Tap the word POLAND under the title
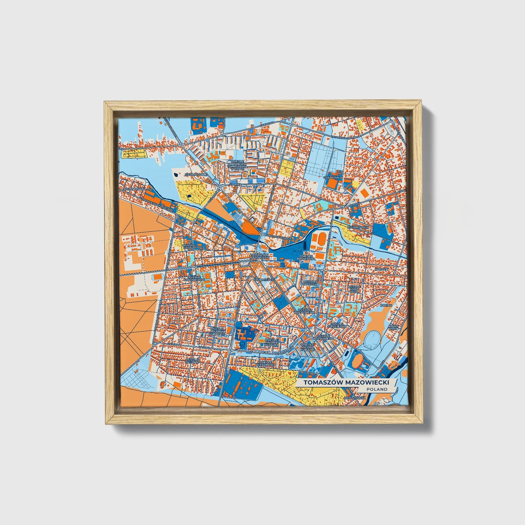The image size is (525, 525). point(377,389)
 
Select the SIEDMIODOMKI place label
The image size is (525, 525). point(196,174)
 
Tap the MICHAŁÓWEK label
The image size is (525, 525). point(358,227)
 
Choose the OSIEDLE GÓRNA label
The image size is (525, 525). point(189,247)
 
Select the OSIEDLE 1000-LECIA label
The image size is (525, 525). point(354,289)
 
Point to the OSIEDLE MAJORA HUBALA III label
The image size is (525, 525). point(219,331)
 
